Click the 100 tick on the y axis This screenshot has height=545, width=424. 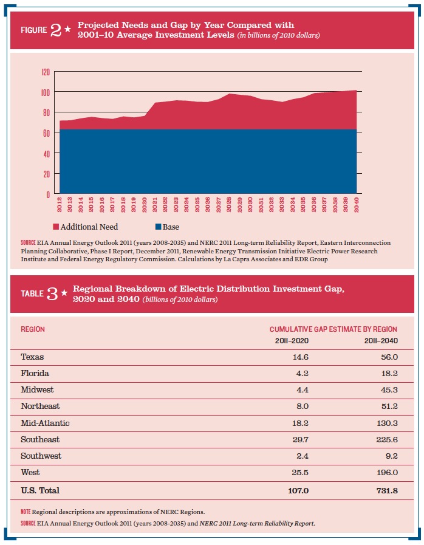click(46, 92)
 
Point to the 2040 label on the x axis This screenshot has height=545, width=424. click(356, 205)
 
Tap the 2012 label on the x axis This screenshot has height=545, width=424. click(59, 205)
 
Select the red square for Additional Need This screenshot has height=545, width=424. click(56, 227)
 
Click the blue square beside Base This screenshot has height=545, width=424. click(158, 227)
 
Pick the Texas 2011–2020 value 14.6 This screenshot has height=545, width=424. click(300, 357)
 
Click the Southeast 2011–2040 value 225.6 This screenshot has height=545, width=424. click(387, 440)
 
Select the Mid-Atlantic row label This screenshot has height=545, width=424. click(45, 423)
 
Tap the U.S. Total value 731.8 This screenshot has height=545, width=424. click(387, 491)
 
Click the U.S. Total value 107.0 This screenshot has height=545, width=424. click(298, 491)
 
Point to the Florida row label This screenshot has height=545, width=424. click(35, 373)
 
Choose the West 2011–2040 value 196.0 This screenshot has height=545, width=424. click(387, 472)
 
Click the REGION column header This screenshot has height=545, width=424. click(33, 329)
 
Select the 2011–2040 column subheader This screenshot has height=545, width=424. click(381, 341)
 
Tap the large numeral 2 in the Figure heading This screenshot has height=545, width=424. click(56, 30)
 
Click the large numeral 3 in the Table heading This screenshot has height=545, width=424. click(52, 294)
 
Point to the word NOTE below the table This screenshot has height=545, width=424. click(26, 512)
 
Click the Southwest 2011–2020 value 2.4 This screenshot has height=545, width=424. click(303, 456)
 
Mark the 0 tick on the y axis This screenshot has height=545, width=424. click(49, 194)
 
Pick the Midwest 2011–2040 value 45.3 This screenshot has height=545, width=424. click(389, 390)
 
